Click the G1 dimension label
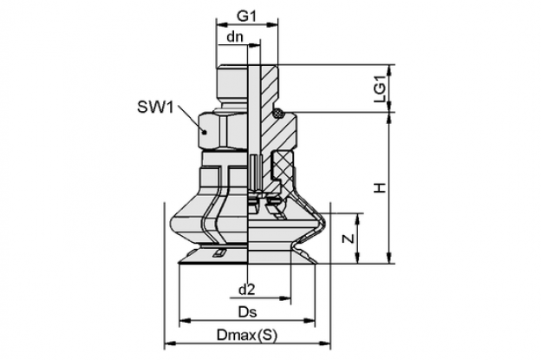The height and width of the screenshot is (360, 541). [246, 16]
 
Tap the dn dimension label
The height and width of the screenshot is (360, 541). [235, 36]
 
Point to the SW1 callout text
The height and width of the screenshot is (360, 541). [155, 107]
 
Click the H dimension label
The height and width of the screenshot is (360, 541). [380, 188]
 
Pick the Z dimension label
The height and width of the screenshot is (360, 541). [349, 239]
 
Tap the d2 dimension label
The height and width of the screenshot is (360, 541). [247, 290]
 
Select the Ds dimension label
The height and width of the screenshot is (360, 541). [248, 312]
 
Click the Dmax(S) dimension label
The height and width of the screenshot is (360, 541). [247, 335]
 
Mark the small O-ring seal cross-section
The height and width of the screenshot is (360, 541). [278, 113]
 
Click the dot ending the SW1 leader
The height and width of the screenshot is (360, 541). [205, 132]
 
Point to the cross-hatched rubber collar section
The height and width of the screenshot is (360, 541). [284, 166]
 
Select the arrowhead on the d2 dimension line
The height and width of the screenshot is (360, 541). [285, 298]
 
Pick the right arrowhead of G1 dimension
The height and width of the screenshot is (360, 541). [272, 24]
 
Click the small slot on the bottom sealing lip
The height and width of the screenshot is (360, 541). [218, 253]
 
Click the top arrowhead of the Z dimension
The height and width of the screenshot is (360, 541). [359, 219]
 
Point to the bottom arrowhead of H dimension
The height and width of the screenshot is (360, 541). [390, 258]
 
